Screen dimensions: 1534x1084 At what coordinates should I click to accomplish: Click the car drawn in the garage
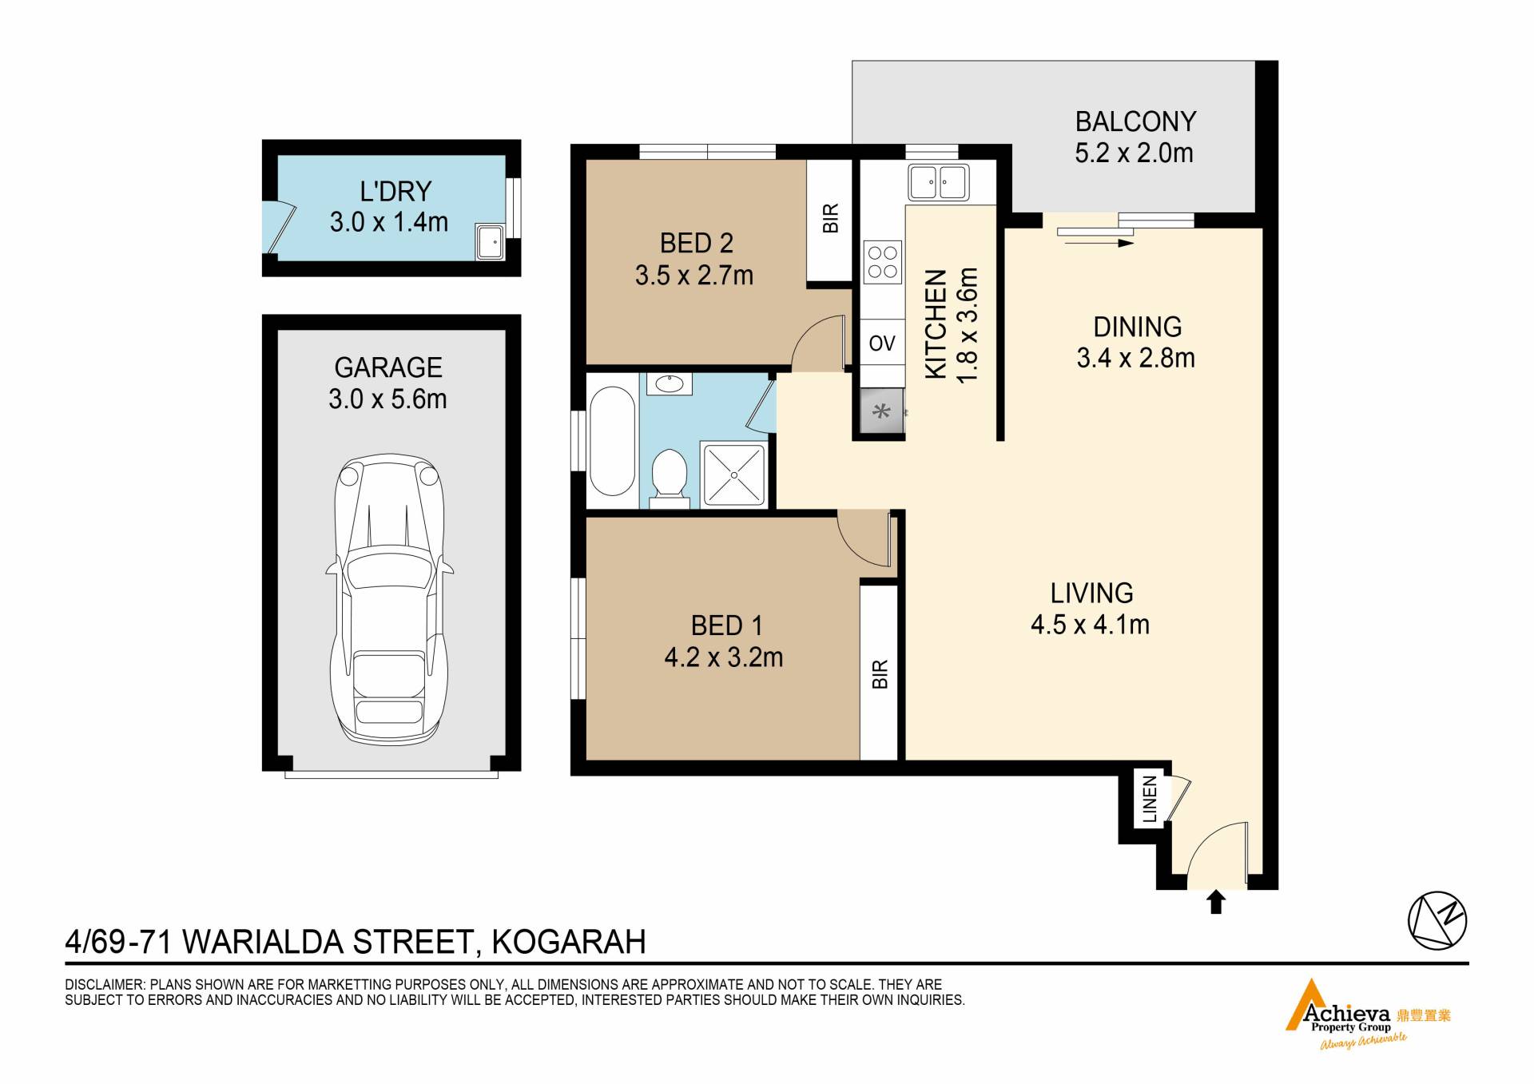[389, 599]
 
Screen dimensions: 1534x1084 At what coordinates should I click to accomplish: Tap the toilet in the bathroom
[670, 478]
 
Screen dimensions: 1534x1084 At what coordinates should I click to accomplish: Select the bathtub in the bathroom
[612, 442]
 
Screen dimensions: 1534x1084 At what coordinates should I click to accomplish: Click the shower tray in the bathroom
[733, 475]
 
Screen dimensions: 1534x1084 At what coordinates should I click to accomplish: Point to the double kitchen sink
[938, 182]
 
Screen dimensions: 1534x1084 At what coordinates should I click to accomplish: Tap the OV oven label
[882, 343]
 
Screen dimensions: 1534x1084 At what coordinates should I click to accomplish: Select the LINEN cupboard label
[1150, 799]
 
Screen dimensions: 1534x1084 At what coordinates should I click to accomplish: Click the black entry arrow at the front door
[1215, 902]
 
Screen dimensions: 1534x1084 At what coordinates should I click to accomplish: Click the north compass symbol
[1437, 919]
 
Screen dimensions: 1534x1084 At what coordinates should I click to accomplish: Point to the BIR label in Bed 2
[831, 218]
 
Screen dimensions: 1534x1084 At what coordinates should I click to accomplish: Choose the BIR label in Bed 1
[880, 674]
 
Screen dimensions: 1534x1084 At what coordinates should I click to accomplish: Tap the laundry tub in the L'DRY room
[491, 241]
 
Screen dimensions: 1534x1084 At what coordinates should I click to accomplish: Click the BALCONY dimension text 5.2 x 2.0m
[1134, 153]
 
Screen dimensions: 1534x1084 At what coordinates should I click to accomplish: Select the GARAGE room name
[388, 367]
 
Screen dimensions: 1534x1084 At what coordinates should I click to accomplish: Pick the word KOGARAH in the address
[569, 943]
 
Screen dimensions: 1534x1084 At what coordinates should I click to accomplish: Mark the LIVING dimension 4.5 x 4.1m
[1090, 624]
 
